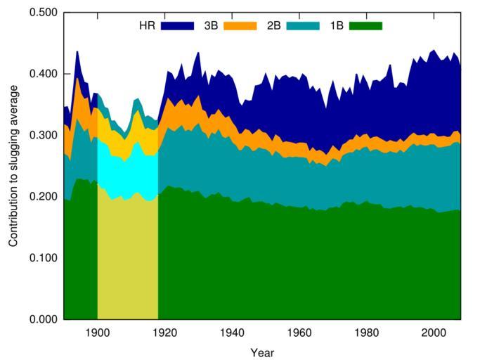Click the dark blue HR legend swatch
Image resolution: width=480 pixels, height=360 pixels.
(177, 25)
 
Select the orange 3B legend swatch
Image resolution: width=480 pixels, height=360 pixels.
(240, 25)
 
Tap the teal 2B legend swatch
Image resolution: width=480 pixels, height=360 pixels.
(302, 25)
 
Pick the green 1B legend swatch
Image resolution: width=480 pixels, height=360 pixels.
(365, 25)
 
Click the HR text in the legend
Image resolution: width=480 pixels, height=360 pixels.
(146, 25)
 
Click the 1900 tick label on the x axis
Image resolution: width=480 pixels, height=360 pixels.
(97, 333)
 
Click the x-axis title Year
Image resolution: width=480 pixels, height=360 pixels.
(262, 352)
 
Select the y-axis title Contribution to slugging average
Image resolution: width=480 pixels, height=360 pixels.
(13, 166)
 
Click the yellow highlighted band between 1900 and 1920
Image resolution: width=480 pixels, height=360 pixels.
(127, 260)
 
